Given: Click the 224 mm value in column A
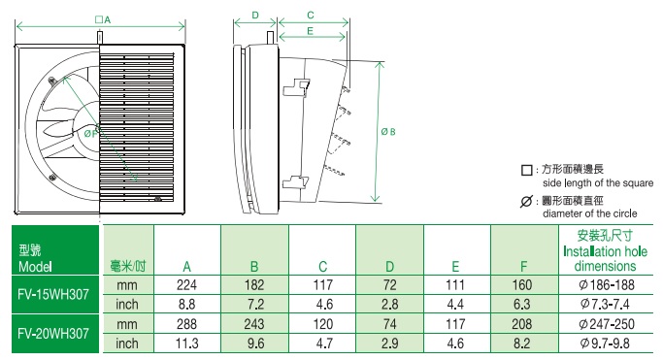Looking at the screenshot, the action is [186, 285].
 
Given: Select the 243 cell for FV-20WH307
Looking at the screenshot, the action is [254, 324].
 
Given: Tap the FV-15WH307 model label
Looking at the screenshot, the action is [53, 294].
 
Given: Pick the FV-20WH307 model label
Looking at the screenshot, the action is [53, 334].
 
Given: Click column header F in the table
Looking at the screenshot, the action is [523, 267].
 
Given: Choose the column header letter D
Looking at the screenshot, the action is [389, 267].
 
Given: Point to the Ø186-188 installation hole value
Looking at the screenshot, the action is [607, 285].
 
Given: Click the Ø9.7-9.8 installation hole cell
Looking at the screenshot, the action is [605, 344].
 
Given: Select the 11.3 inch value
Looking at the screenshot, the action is [186, 344].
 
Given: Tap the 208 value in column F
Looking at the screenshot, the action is [522, 324].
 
